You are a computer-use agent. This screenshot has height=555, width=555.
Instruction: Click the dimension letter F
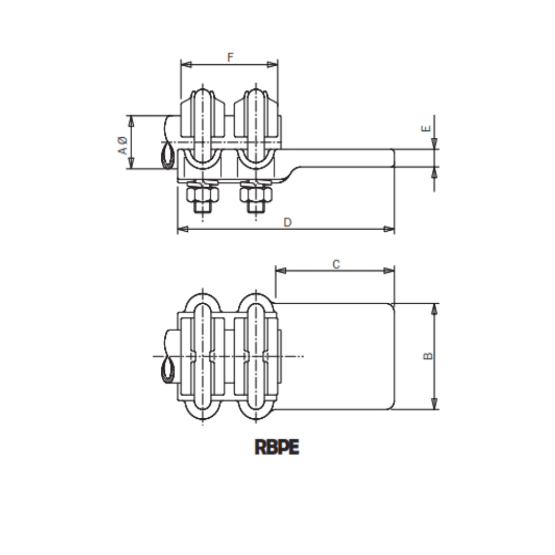coord(230,57)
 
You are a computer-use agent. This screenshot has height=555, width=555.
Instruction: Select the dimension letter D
coord(288,222)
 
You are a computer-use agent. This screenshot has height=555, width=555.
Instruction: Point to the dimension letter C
coord(336,264)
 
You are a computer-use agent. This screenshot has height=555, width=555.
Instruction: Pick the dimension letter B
coord(428,356)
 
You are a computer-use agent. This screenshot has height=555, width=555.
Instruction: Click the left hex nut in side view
coord(202,195)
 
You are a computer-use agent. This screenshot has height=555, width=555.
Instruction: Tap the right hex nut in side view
coord(255,195)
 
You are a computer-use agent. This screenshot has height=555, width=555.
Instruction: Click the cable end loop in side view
coord(168,157)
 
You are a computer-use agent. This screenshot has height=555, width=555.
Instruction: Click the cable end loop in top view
coord(168,370)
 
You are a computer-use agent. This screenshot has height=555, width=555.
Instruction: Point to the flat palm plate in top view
coord(334,356)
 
